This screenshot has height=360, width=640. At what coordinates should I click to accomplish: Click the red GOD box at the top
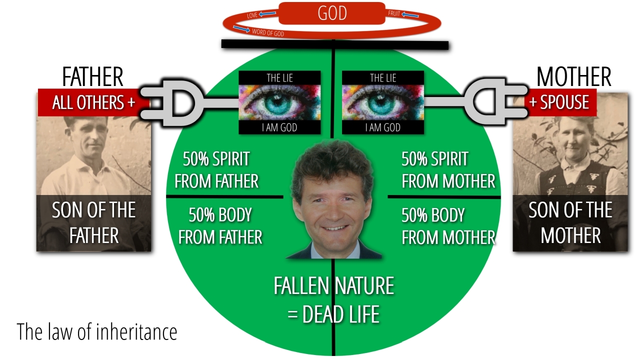pyautogui.click(x=332, y=13)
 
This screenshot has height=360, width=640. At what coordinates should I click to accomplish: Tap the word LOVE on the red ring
pyautogui.click(x=252, y=16)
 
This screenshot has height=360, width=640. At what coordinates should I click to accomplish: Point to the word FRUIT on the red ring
pyautogui.click(x=394, y=13)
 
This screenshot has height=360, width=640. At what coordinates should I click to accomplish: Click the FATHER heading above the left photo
pyautogui.click(x=92, y=77)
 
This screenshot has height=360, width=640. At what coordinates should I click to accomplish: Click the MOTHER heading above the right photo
pyautogui.click(x=573, y=77)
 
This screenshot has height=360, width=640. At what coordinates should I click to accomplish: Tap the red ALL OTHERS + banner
pyautogui.click(x=93, y=102)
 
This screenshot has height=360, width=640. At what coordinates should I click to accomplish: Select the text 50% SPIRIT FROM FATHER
pyautogui.click(x=216, y=170)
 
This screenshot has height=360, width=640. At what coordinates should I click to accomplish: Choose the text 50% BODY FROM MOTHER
pyautogui.click(x=448, y=226)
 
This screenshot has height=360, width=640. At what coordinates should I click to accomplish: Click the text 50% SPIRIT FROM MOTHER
pyautogui.click(x=448, y=170)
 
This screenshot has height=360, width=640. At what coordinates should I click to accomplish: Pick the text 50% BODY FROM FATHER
pyautogui.click(x=220, y=226)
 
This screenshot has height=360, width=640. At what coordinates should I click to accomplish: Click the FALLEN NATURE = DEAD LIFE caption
pyautogui.click(x=333, y=299)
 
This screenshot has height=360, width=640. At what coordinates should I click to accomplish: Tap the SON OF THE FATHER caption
pyautogui.click(x=94, y=222)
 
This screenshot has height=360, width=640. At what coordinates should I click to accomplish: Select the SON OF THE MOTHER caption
pyautogui.click(x=570, y=222)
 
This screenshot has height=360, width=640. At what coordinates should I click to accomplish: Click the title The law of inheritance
pyautogui.click(x=97, y=331)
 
